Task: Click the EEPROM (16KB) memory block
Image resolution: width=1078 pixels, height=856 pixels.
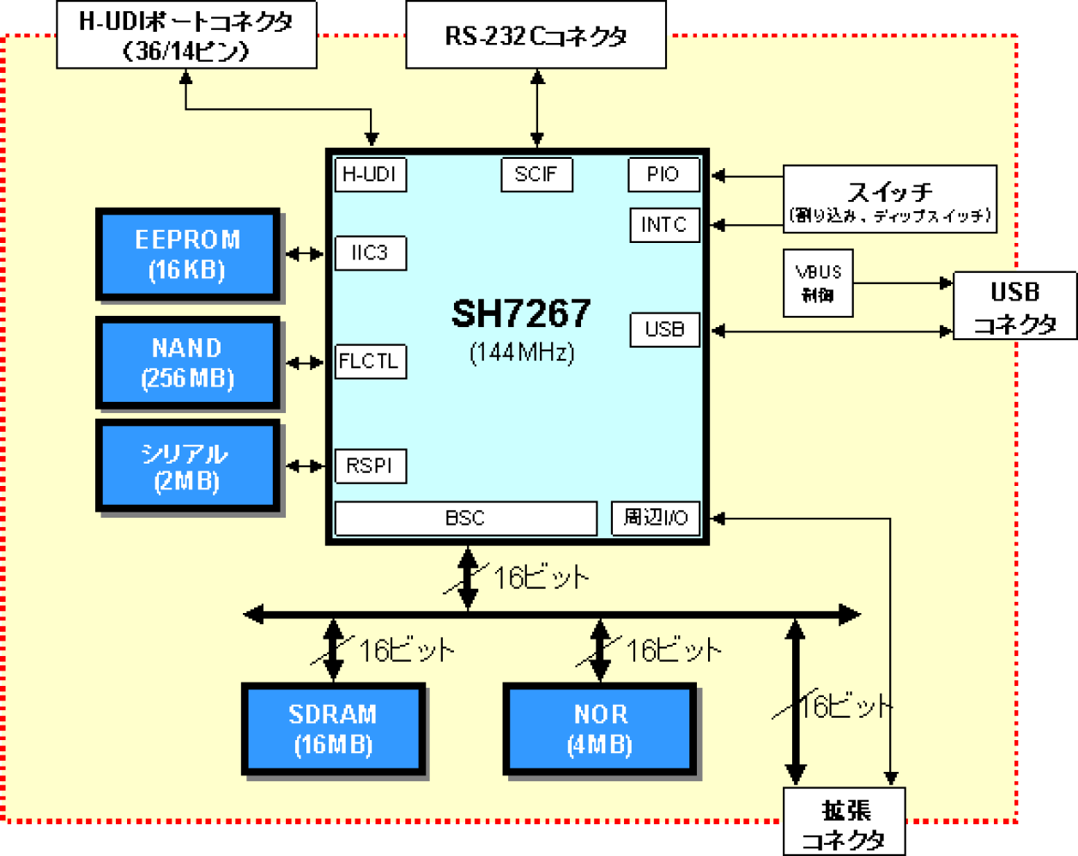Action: click(x=188, y=254)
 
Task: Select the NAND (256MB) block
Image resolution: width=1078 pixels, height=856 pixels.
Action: click(x=188, y=362)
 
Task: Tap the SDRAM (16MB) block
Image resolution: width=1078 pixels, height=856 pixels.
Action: click(x=333, y=730)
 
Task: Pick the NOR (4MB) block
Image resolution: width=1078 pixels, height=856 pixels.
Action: click(x=600, y=730)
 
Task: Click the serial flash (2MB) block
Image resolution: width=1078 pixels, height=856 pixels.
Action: click(x=188, y=467)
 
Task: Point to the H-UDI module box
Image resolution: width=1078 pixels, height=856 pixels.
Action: click(x=370, y=175)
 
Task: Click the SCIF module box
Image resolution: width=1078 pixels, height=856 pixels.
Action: click(x=536, y=175)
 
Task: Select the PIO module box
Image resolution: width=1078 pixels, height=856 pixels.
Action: click(x=663, y=175)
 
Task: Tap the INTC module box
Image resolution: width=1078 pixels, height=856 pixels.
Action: click(x=663, y=225)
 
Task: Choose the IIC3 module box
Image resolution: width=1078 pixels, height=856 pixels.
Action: click(x=370, y=254)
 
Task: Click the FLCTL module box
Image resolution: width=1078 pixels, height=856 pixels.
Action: click(x=370, y=361)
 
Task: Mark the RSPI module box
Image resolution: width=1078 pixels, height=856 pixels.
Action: click(x=370, y=466)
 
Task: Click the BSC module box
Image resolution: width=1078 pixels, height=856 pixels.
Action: click(x=465, y=519)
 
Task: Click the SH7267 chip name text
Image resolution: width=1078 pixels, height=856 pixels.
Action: click(x=521, y=314)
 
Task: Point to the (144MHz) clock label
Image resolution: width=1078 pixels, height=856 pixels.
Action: click(x=521, y=353)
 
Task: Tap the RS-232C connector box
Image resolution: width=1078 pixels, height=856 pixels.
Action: click(x=536, y=36)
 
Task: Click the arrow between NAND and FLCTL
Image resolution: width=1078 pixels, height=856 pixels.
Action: click(x=304, y=363)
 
